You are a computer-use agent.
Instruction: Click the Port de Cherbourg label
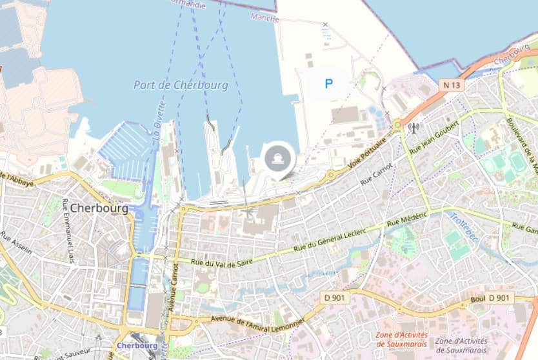[x=181, y=85]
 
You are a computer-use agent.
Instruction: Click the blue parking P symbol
[x=329, y=83]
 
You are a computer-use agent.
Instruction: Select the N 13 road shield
[x=452, y=85]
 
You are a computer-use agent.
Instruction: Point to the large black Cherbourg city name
[x=98, y=208]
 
